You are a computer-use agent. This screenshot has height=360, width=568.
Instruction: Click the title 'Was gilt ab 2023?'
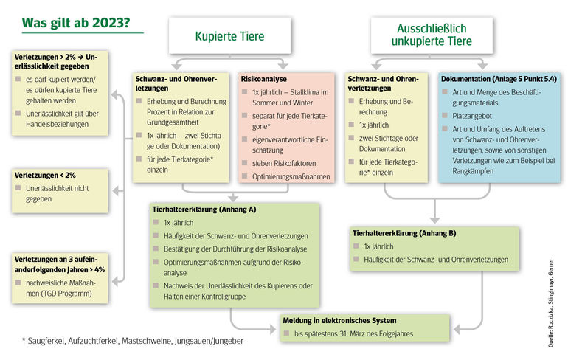[77, 22]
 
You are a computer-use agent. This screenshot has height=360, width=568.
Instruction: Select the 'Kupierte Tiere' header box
[229, 36]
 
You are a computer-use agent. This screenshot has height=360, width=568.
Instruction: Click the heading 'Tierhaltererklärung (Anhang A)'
[204, 209]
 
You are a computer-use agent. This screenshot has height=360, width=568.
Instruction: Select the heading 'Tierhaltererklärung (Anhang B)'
[404, 233]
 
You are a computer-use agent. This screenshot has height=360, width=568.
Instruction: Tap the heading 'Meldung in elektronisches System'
[339, 320]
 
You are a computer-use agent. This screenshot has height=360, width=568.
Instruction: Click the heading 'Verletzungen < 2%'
[44, 176]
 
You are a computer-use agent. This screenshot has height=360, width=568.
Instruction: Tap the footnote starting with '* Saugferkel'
[133, 342]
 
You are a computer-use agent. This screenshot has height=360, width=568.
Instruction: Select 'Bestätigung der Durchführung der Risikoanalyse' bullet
[235, 248]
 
